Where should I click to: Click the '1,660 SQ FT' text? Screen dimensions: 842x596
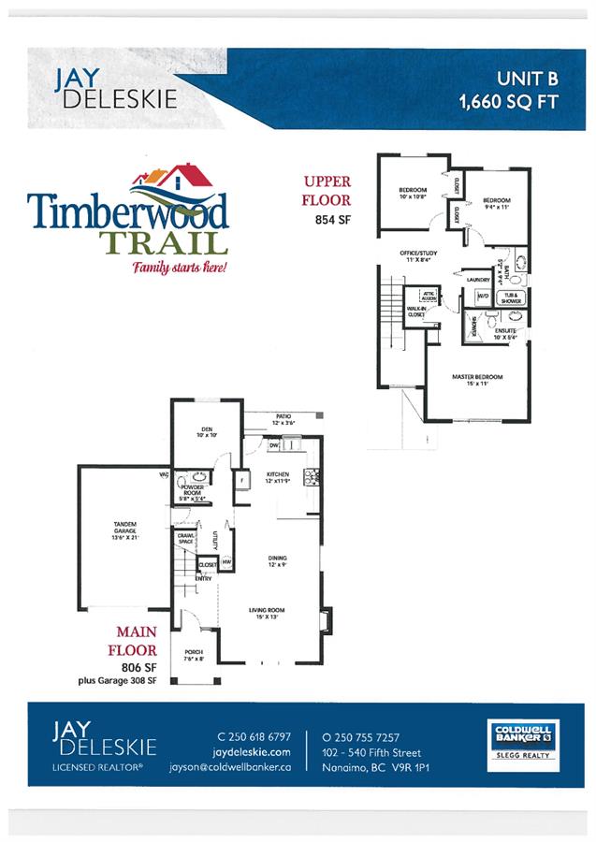[x=509, y=101]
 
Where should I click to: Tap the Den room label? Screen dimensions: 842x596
[x=206, y=432]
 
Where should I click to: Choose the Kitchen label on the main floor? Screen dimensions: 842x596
[x=277, y=478]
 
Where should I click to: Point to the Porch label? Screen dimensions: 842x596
[x=194, y=655]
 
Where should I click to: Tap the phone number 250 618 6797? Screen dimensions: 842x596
[x=254, y=736]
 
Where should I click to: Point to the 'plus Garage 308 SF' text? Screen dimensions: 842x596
[x=119, y=681]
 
